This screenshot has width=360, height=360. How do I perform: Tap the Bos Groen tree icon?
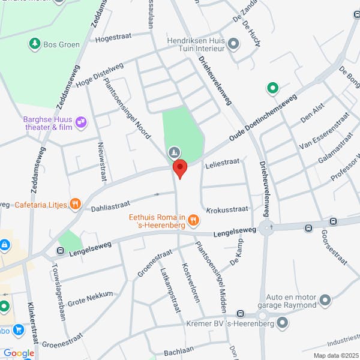coord(34,43)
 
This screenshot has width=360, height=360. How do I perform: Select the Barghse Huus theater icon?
coord(81,122)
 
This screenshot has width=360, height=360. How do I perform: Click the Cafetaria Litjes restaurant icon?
coord(75,203)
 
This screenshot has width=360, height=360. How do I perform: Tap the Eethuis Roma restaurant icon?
coord(193,220)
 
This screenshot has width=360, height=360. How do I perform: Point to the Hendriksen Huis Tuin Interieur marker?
coord(233,43)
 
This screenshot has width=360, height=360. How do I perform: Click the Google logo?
coord(18,353)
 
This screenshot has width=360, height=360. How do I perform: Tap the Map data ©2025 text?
coord(335,355)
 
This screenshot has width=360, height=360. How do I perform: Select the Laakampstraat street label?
coord(170,290)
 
